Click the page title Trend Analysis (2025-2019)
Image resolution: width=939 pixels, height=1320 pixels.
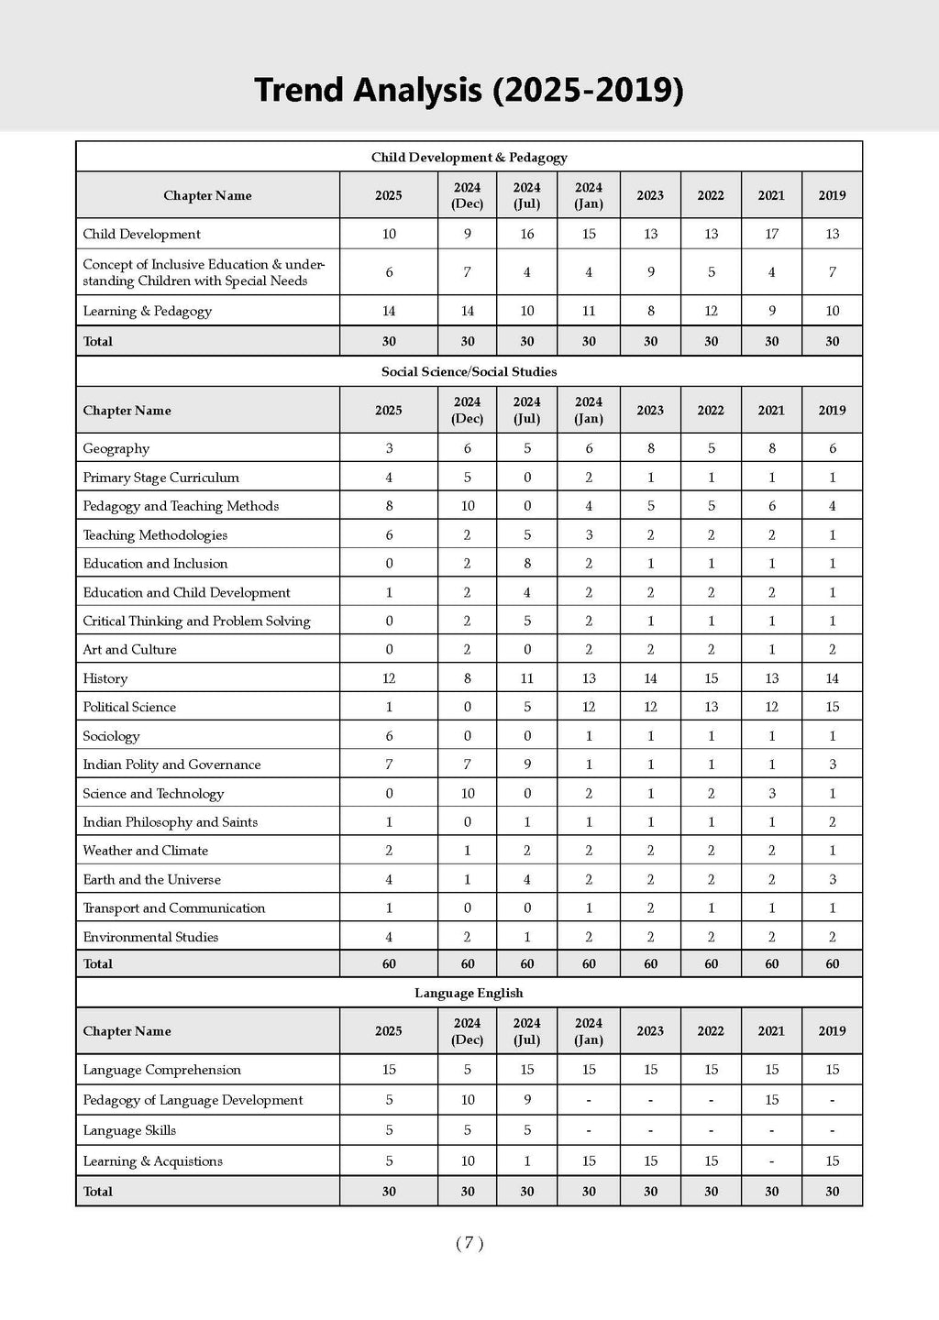pos(469,91)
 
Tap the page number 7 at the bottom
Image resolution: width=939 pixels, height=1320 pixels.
pos(469,1243)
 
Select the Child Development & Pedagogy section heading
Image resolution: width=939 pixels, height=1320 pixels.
pos(469,158)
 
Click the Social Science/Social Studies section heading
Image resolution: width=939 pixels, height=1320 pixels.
pos(469,371)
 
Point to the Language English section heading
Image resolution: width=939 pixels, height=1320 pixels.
pos(469,993)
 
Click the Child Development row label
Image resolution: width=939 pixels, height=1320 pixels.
pos(141,234)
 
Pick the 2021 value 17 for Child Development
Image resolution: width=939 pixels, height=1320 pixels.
pos(771,234)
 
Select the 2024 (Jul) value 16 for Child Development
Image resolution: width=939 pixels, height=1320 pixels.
pos(527,234)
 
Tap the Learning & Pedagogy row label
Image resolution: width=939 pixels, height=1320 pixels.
pos(147,311)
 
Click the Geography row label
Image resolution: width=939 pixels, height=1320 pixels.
pos(116,448)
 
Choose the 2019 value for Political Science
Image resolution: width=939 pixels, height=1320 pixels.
pos(832,707)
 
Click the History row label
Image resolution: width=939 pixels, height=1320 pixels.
pos(105,678)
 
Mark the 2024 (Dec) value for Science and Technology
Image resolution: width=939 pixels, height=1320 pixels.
pos(468,793)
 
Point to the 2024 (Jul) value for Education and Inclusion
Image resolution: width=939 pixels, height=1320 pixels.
pos(527,563)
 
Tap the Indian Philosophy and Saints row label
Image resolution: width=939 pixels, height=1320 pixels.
pos(170,822)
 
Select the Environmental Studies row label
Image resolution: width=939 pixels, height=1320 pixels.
pos(150,937)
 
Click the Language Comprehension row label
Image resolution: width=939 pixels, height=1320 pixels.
pos(161,1070)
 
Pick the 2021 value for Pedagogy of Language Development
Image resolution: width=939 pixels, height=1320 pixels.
pos(771,1100)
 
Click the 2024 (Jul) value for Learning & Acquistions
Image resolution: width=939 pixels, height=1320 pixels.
pos(527,1160)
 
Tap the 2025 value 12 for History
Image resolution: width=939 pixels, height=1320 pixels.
pos(389,678)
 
